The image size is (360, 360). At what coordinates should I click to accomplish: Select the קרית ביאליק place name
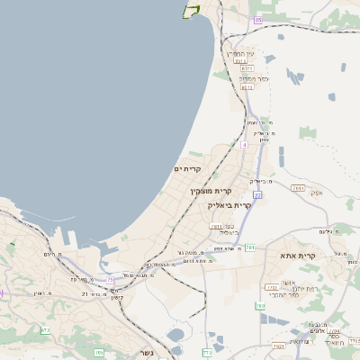(x=229, y=205)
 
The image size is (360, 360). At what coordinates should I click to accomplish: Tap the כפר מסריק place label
(x=247, y=77)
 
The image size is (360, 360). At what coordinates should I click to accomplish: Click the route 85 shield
(x=258, y=20)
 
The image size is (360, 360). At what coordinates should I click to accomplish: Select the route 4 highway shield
(x=244, y=143)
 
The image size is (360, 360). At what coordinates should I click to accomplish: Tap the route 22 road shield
(x=256, y=193)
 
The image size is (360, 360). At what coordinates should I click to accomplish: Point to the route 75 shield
(x=111, y=280)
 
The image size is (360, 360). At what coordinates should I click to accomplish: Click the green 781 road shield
(x=250, y=247)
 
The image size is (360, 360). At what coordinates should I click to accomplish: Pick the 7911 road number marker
(x=298, y=188)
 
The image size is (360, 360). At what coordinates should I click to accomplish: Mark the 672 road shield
(x=46, y=330)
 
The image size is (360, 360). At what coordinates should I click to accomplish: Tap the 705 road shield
(x=99, y=352)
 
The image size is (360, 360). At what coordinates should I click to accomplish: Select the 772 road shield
(x=208, y=352)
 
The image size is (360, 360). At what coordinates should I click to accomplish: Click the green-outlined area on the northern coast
(x=191, y=10)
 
